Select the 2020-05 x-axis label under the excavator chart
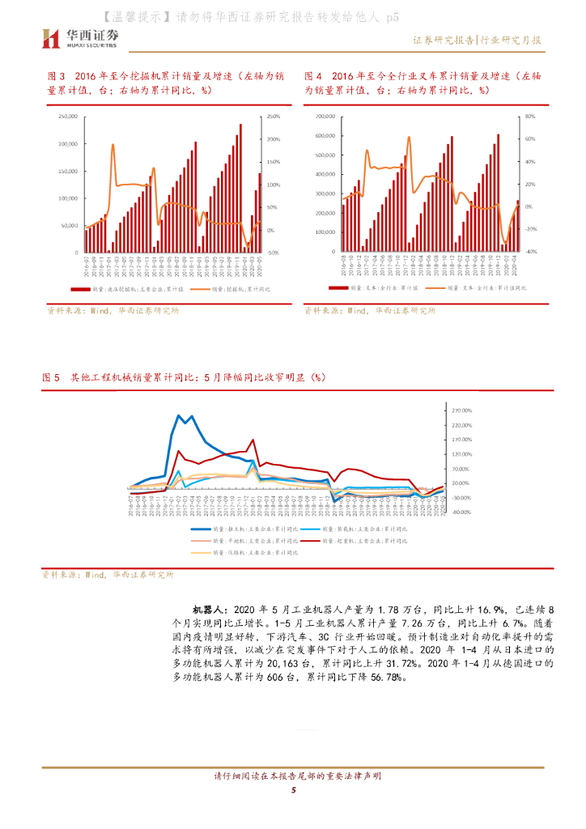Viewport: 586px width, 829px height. click(259, 266)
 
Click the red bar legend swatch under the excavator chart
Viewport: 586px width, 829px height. click(79, 288)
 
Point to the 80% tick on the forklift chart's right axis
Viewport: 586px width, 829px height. click(530, 117)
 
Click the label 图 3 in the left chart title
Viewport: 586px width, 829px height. click(57, 76)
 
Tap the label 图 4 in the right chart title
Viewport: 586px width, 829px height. click(313, 76)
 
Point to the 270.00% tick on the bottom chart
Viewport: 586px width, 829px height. click(462, 409)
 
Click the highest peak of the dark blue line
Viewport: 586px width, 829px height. click(179, 416)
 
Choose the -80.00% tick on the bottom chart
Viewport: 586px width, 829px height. click(462, 512)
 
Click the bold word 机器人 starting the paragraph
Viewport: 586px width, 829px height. click(209, 607)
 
